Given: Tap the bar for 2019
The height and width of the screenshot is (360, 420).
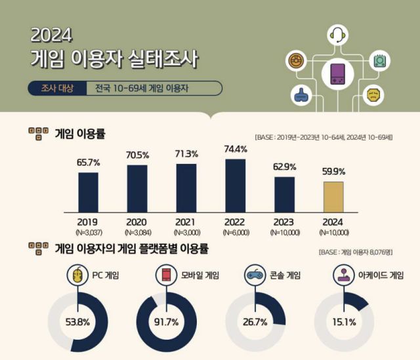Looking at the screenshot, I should (x=88, y=192).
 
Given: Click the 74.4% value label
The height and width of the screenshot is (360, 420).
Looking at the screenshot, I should (x=236, y=149).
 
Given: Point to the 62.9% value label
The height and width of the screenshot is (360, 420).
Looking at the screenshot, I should (x=285, y=167).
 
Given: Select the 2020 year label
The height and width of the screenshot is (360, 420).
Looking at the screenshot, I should (x=137, y=222).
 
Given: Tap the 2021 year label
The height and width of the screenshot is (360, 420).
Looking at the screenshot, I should (x=186, y=222).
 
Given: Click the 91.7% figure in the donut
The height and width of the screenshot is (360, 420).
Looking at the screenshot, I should (x=167, y=322).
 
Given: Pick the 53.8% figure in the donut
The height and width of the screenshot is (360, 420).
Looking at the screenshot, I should (x=78, y=322).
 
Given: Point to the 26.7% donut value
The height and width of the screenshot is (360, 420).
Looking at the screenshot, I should (x=255, y=322).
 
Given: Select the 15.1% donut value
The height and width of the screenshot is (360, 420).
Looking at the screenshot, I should (x=344, y=322).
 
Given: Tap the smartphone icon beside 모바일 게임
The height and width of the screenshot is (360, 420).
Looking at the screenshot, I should (x=167, y=275).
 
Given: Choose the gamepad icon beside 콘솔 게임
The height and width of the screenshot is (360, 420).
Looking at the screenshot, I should (x=255, y=275).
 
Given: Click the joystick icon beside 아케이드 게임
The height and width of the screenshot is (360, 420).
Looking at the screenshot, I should (x=343, y=275).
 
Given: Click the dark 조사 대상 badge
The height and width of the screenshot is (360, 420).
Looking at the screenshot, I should (x=56, y=88).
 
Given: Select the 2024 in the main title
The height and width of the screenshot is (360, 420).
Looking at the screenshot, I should (x=52, y=34).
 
